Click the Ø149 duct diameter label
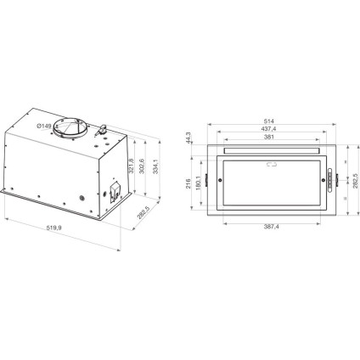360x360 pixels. pos(48,127)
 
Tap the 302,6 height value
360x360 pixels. pos(140,166)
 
